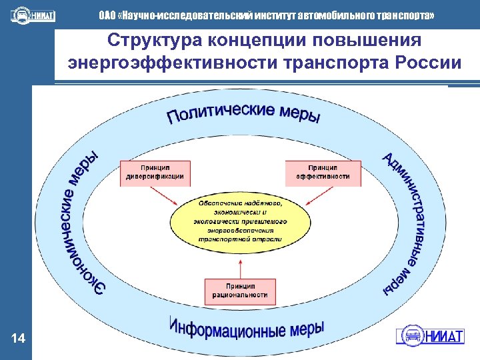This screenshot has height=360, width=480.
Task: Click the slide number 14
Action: pos(19,340)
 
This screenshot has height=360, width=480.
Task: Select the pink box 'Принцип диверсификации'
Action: pos(155,173)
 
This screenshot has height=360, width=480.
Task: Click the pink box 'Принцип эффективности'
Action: pos(323,173)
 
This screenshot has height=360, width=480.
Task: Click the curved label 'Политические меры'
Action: pos(243,114)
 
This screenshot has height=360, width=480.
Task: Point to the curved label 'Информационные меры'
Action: pos(247,329)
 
